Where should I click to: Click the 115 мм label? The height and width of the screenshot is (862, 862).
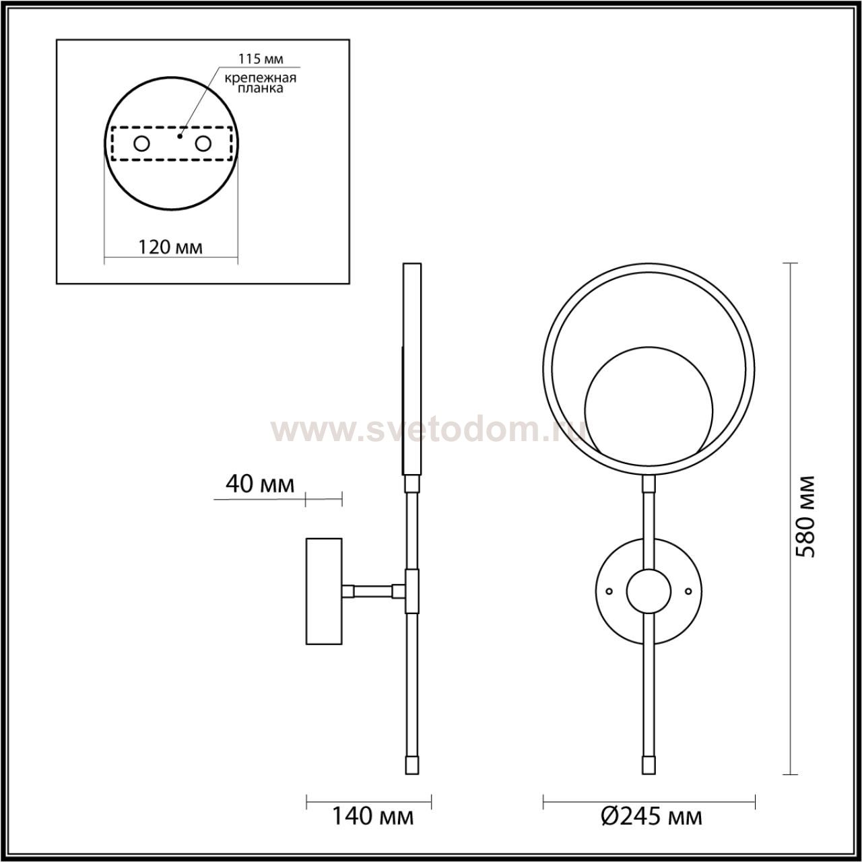pyautogui.click(x=261, y=58)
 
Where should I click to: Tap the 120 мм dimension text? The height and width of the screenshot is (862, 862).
pyautogui.click(x=170, y=247)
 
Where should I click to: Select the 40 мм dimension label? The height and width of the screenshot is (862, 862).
pyautogui.click(x=260, y=484)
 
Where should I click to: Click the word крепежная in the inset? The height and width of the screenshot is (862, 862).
pyautogui.click(x=261, y=78)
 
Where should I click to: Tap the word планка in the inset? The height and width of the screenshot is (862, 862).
pyautogui.click(x=261, y=88)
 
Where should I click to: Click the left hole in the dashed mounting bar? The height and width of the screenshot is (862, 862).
pyautogui.click(x=142, y=144)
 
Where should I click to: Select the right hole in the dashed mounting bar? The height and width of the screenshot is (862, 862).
pyautogui.click(x=203, y=144)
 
